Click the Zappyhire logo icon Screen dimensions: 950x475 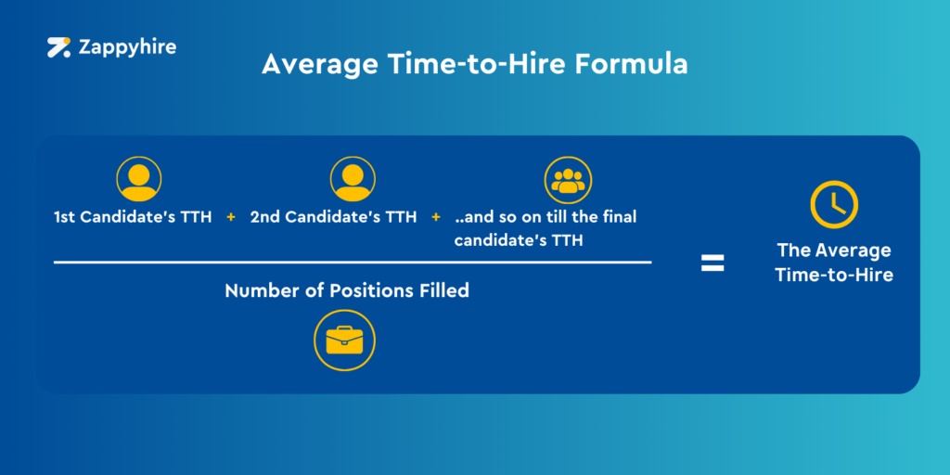[59, 47]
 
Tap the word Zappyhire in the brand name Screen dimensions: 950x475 [127, 47]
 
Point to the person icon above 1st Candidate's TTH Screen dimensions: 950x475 [139, 179]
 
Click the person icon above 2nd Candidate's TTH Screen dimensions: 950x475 [353, 179]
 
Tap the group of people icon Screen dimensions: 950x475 [568, 181]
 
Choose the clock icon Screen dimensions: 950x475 [834, 204]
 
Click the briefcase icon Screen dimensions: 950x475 [344, 340]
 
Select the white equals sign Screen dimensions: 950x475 [712, 263]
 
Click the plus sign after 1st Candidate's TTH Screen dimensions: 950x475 [231, 217]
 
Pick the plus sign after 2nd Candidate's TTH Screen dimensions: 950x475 [436, 217]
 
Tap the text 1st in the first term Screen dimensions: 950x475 [64, 217]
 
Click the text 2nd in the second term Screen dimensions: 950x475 [264, 217]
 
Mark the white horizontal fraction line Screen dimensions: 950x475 [353, 263]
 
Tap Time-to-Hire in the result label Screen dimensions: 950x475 [834, 275]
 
